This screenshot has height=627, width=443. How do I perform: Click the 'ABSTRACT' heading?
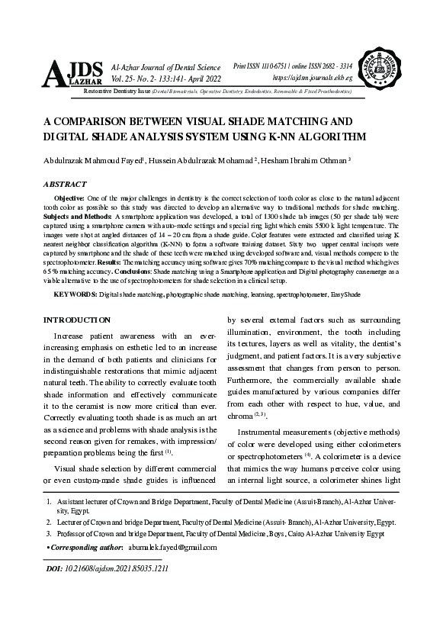[65, 185]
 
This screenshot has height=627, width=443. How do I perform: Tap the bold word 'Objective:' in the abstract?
[71, 198]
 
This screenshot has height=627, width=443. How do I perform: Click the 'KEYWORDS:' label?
[75, 294]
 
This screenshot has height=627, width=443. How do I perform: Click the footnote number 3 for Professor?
[49, 534]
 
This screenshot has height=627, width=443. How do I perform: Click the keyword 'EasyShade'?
[345, 294]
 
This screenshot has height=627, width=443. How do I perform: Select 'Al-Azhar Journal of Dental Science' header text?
[165, 68]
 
